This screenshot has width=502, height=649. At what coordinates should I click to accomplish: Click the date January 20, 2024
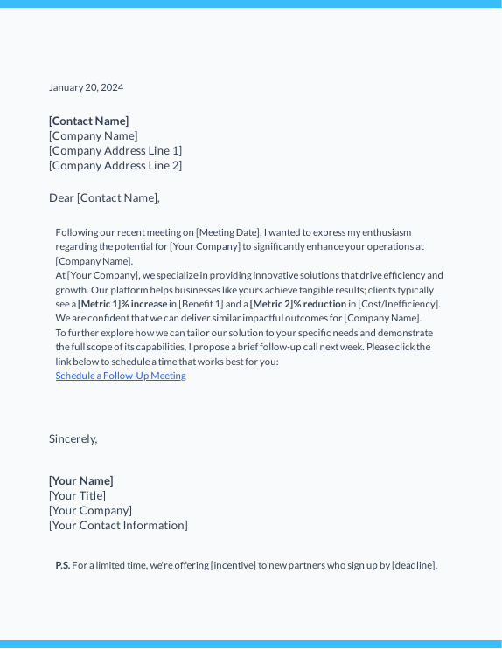[86, 87]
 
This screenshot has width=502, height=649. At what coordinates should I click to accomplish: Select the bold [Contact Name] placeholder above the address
[88, 121]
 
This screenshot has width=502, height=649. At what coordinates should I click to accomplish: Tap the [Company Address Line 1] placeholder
[115, 150]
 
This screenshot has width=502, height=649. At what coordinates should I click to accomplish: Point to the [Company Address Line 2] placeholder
[115, 165]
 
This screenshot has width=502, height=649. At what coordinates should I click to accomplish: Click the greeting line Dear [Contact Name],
[104, 197]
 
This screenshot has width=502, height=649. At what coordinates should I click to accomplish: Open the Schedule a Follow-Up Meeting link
[121, 376]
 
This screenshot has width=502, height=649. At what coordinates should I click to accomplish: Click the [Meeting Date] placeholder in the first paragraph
[228, 232]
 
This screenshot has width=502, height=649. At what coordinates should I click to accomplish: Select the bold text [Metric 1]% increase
[122, 304]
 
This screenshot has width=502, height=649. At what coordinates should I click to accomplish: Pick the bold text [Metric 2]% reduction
[297, 304]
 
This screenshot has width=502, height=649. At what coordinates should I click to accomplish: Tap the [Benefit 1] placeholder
[201, 304]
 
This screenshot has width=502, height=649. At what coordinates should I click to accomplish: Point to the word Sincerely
[73, 438]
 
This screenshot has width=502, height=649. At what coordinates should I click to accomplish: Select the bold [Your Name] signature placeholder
[81, 480]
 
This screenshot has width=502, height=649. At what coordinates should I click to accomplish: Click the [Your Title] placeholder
[77, 495]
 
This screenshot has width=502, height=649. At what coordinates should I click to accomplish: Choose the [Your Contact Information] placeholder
[118, 525]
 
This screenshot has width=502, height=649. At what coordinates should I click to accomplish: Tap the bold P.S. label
[63, 565]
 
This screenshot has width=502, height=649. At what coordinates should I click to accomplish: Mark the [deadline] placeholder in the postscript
[413, 565]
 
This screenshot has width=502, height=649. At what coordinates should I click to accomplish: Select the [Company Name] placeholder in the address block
[93, 135]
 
